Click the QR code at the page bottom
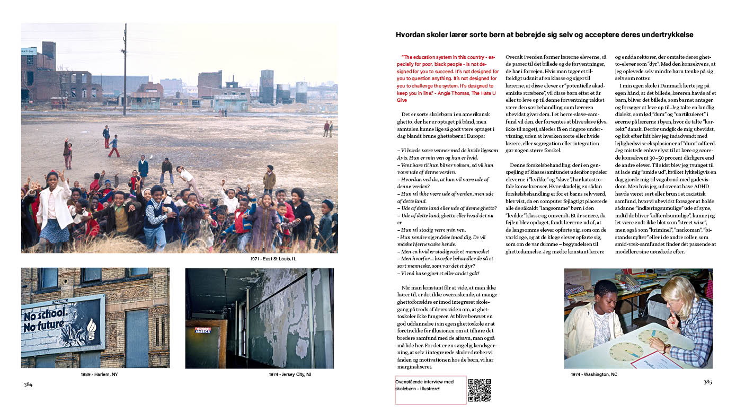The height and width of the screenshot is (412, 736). pyautogui.click(x=480, y=390)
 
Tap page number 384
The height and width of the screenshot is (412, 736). pyautogui.click(x=28, y=384)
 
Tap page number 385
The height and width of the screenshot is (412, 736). pyautogui.click(x=707, y=382)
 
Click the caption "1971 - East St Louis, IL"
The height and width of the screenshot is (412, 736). pyautogui.click(x=273, y=259)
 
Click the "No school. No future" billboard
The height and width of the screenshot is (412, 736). pyautogui.click(x=63, y=325)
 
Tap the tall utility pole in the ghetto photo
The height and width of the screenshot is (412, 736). pyautogui.click(x=125, y=69)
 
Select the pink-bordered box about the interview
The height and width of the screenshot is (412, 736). pyautogui.click(x=430, y=390)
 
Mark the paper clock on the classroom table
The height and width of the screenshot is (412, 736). pyautogui.click(x=627, y=352)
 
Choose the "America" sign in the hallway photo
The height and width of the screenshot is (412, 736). pyautogui.click(x=202, y=330)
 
